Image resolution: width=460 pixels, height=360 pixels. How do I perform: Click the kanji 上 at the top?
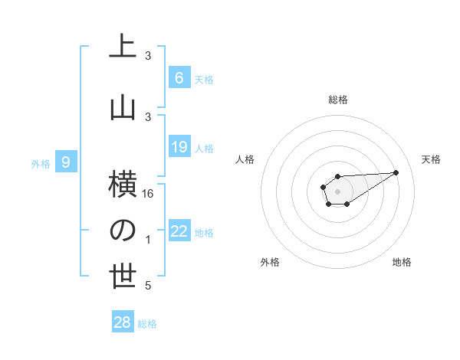tap(123, 46)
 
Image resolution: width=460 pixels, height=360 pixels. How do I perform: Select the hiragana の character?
tap(123, 231)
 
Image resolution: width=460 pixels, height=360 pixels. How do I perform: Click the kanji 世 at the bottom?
tap(123, 277)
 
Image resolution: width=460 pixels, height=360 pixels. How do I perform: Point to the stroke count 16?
tap(148, 194)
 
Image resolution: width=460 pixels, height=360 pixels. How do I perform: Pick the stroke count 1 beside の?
tap(148, 240)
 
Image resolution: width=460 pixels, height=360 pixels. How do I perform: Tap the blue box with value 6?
tap(179, 77)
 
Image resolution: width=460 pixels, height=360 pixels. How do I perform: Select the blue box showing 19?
tap(179, 147)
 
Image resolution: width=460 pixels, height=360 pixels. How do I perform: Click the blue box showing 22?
tap(179, 231)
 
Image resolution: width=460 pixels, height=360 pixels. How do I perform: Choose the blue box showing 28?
tap(123, 322)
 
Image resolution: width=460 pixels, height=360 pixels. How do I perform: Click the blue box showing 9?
tap(66, 162)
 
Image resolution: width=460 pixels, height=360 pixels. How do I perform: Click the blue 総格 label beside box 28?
tap(147, 324)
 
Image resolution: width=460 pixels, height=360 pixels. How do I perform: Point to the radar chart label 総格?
tap(337, 100)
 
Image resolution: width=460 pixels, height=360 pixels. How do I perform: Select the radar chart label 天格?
tap(431, 159)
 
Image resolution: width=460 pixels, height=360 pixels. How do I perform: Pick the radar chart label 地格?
tap(402, 262)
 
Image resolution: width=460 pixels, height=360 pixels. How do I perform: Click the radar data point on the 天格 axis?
tap(396, 171)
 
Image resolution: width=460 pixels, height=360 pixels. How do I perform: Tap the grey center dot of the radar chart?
tap(337, 190)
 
